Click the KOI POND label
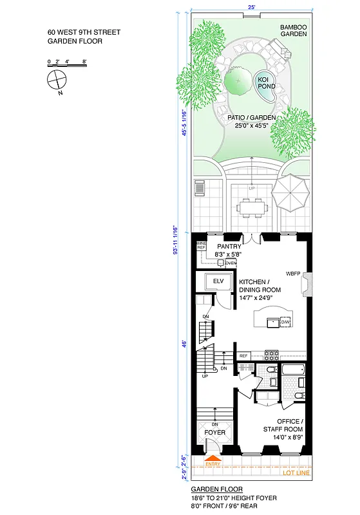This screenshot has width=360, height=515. tap(263, 83)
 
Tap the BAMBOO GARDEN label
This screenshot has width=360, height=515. tap(292, 30)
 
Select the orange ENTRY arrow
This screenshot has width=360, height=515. tap(212, 457)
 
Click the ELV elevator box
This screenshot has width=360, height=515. tap(218, 281)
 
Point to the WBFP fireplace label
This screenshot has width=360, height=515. tap(294, 273)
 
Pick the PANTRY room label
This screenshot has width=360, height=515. tap(229, 246)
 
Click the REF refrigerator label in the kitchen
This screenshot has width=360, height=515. tap(243, 355)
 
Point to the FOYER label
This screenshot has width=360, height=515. tap(215, 433)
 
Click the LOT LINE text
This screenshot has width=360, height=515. tap(296, 474)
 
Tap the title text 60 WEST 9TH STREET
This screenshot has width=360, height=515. tap(84, 32)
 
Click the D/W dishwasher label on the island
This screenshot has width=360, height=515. tap(285, 321)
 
